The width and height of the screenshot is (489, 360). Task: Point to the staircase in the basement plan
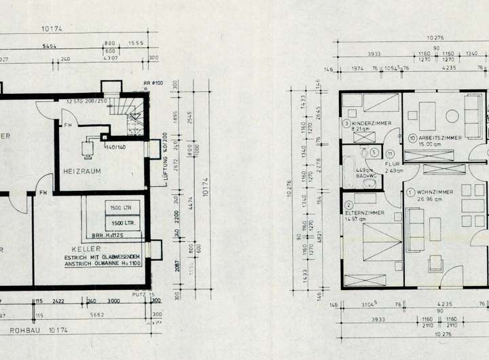(130, 119)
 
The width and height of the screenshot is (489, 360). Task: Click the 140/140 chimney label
(114, 147)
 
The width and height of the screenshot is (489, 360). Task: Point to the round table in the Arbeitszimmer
(452, 115)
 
